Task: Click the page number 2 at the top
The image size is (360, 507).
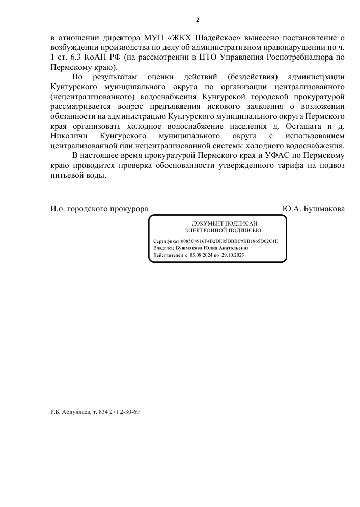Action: point(198,20)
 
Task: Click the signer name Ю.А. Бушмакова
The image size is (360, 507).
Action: point(313,209)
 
